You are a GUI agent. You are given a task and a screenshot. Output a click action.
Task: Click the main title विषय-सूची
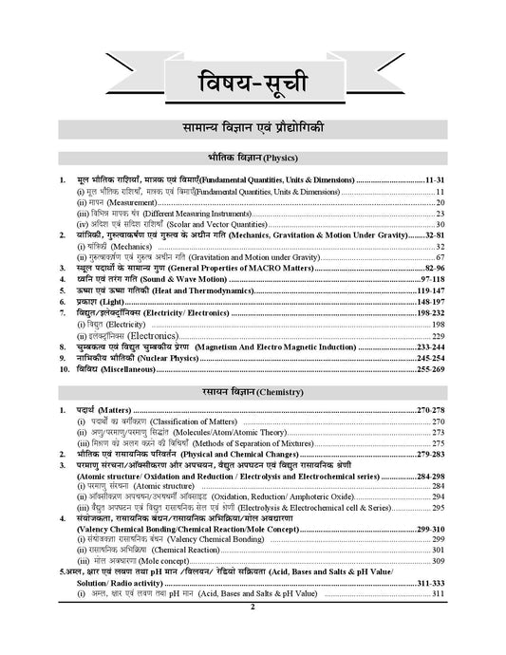point(253,77)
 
